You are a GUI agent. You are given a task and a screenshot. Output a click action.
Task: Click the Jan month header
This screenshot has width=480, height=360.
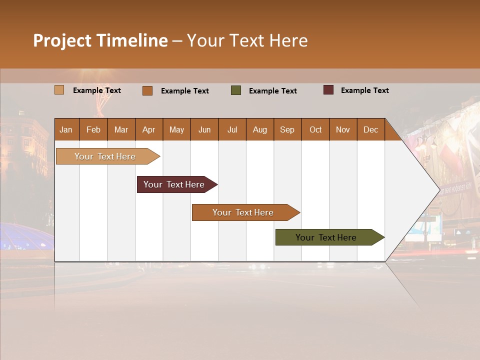[66, 129]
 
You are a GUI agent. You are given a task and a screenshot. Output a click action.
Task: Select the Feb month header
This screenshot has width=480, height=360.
[93, 129]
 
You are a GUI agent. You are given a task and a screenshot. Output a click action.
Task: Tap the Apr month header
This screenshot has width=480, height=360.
[149, 129]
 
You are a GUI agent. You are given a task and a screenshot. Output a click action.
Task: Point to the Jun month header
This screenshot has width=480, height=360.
[204, 129]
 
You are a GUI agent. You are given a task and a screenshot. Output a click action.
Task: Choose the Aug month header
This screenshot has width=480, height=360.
[259, 129]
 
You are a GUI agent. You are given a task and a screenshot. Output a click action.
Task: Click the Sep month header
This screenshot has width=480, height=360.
[287, 129]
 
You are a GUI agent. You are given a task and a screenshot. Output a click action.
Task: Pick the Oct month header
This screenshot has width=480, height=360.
[315, 129]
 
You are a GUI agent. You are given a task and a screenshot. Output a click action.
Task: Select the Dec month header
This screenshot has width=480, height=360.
[370, 129]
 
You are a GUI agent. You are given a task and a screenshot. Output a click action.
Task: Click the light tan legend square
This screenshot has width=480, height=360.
[59, 90]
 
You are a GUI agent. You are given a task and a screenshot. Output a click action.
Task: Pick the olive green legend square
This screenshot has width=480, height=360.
[236, 90]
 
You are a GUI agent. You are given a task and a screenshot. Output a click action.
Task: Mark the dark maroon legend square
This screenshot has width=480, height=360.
[328, 90]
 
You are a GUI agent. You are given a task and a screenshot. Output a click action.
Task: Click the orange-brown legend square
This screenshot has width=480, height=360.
[147, 90]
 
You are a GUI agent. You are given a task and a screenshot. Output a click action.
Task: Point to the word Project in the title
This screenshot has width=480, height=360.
[62, 40]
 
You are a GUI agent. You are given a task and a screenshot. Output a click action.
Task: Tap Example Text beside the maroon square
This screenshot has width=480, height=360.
[364, 90]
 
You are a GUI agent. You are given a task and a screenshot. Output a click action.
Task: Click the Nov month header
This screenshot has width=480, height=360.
[343, 129]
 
